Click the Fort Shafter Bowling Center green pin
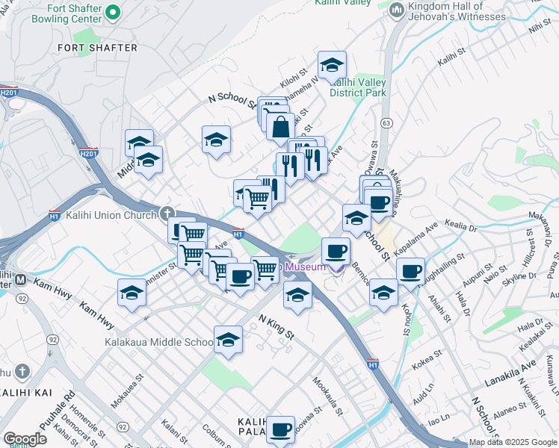113,12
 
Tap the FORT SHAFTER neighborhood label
98,48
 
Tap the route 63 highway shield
386,122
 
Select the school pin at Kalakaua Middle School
228,340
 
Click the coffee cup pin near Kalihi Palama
280,429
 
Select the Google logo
25,439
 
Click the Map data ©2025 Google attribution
513,442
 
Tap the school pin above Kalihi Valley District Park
332,64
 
